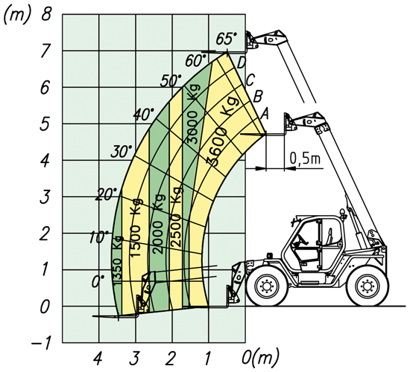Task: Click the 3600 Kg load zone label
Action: coord(223,131)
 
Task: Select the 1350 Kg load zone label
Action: coord(117,260)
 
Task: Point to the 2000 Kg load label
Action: coord(159,224)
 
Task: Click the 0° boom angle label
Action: coord(98,282)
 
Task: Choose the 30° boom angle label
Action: coord(122,152)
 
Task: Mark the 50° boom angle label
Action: coord(171,80)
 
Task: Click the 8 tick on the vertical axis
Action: coord(46,14)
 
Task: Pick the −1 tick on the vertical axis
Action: coord(40,344)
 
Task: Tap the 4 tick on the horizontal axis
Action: coord(98,359)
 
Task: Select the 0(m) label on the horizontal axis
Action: coord(260,358)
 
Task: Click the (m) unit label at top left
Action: coord(16,15)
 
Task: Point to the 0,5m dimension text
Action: coord(305,158)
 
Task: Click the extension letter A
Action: coord(265,114)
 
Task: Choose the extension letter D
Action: coord(241,62)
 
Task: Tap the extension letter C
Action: coord(250,80)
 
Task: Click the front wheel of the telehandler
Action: coord(267,286)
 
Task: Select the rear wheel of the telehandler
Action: coord(367,286)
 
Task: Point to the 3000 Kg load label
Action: coord(194,114)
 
